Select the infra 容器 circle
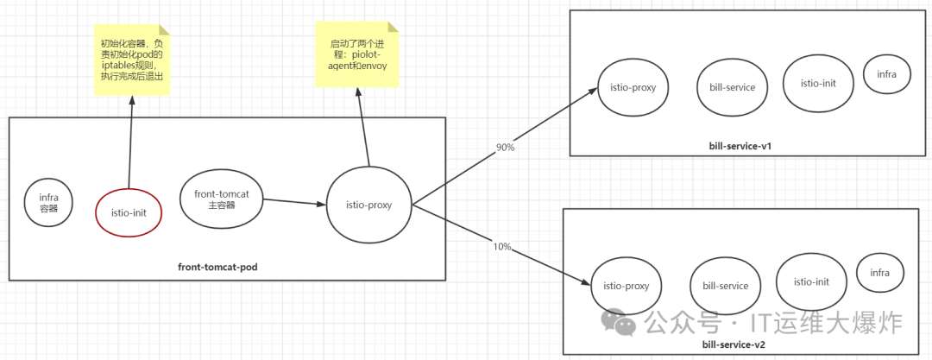point(48,202)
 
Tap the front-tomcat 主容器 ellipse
point(222,199)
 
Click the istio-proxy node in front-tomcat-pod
point(368,205)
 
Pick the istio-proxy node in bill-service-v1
point(632,87)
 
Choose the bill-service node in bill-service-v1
point(727,87)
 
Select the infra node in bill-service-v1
point(886,74)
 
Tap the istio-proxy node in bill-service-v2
point(626,286)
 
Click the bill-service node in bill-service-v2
point(725,286)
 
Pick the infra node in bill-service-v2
point(879,273)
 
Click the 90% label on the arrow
point(505,148)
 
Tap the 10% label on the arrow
point(501,247)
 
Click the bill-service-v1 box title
point(740,146)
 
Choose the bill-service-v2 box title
point(734,344)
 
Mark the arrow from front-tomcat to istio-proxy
point(294,203)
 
